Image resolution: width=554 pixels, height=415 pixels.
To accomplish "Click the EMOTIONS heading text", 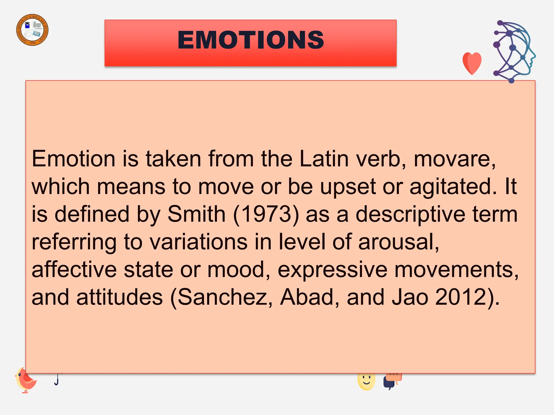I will pyautogui.click(x=250, y=40).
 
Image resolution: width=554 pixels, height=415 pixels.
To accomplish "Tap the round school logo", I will pyautogui.click(x=32, y=30).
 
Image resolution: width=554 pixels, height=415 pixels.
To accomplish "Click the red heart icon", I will pyautogui.click(x=472, y=63).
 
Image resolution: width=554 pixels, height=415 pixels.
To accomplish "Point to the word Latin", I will pyautogui.click(x=324, y=159).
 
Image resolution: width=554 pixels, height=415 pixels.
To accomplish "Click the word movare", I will pyautogui.click(x=454, y=159).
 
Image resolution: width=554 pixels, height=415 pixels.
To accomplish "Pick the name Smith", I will pyautogui.click(x=196, y=214).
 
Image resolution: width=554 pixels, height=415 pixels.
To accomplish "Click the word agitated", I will pyautogui.click(x=453, y=186).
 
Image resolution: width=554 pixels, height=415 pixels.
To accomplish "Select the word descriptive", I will pyautogui.click(x=410, y=214).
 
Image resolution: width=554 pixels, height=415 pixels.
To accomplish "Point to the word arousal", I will pyautogui.click(x=398, y=242).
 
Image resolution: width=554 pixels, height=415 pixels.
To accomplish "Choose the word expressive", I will pyautogui.click(x=332, y=269).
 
